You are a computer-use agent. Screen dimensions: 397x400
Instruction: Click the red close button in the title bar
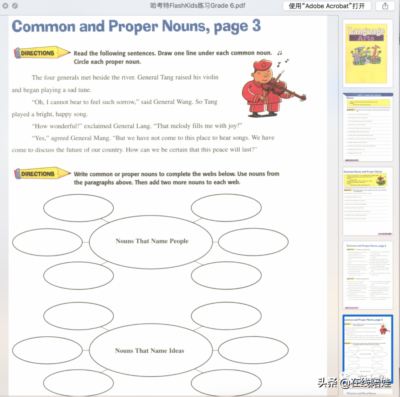pos(5,6)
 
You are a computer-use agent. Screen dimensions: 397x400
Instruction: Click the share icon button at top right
pos(385,6)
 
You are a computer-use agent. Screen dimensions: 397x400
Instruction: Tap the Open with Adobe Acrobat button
pos(327,6)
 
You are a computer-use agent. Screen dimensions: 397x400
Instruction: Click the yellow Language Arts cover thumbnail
pos(368,51)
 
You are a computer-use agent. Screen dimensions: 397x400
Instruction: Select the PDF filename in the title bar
pos(198,6)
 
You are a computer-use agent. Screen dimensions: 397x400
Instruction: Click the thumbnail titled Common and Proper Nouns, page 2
pos(368,275)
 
